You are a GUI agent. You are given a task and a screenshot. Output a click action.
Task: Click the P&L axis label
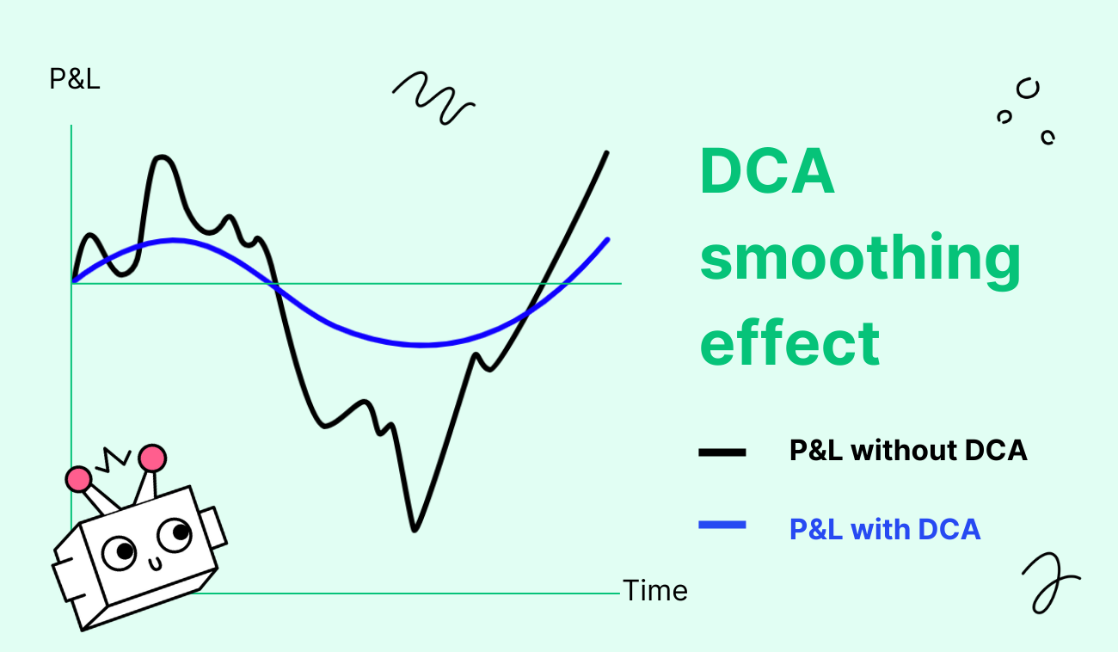75,79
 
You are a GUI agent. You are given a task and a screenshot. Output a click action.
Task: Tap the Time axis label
654,591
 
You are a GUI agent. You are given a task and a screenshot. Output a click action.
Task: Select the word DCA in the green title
767,170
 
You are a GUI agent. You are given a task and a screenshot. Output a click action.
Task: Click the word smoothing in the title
861,260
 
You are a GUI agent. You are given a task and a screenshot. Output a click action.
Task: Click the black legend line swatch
722,452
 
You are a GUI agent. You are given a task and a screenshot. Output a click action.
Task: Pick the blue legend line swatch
722,525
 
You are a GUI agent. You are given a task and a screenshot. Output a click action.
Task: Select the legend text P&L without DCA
908,451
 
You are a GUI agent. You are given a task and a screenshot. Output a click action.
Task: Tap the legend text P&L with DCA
885,529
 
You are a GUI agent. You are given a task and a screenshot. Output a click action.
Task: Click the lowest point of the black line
415,530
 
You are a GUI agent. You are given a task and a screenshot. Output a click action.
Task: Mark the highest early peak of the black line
162,157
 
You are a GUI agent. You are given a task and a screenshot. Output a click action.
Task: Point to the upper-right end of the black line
606,152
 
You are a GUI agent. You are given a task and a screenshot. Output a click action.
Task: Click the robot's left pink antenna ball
78,479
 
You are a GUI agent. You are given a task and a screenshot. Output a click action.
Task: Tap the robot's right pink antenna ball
153,458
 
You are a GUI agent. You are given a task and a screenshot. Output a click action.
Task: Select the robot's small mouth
156,564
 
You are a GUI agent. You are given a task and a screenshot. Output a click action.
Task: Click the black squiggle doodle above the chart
433,98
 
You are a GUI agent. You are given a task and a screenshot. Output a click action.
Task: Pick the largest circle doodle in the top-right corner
1028,89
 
